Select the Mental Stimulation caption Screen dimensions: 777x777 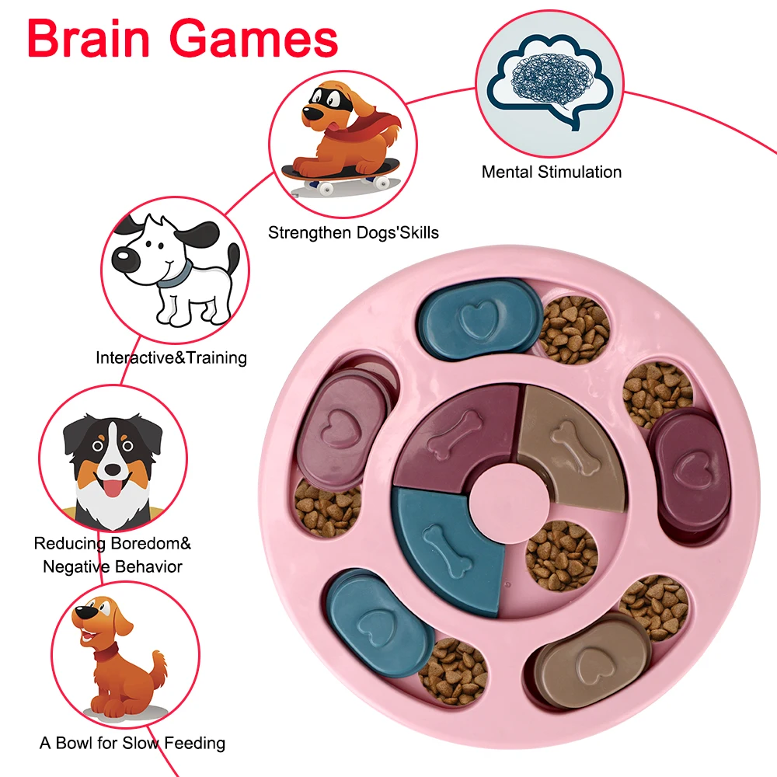pos(551,172)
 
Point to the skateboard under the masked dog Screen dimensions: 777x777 pos(341,172)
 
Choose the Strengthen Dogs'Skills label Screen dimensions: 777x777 pos(353,232)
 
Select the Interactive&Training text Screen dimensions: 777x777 pos(171,357)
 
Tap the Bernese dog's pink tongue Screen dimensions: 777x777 pos(114,488)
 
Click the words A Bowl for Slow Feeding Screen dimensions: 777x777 pos(132,743)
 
